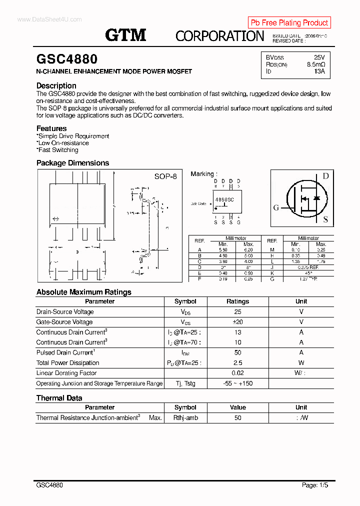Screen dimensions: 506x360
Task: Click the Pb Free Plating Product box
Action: point(289,22)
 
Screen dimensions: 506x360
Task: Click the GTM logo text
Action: point(125,34)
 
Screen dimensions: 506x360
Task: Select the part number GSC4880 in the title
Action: point(67,59)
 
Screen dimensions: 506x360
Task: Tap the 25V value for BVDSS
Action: point(319,57)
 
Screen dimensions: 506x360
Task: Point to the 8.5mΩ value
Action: point(316,64)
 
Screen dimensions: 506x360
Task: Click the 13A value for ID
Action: point(319,71)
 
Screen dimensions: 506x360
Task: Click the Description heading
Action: point(56,85)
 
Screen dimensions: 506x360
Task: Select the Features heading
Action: point(51,128)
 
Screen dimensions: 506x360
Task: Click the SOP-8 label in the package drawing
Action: point(165,176)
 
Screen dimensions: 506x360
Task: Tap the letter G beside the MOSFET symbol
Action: point(276,208)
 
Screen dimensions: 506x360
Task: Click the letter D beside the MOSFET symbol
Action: point(325,176)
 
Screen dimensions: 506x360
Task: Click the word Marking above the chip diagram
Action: point(202,174)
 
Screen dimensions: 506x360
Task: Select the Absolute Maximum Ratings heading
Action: point(84,292)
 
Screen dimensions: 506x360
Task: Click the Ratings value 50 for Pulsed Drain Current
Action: point(237,352)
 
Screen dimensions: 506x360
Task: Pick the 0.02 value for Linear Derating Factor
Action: point(237,373)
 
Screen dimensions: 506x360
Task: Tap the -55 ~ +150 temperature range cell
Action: point(237,383)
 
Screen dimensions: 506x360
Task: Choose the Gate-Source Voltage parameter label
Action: point(64,322)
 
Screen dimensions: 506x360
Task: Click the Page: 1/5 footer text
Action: point(315,485)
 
